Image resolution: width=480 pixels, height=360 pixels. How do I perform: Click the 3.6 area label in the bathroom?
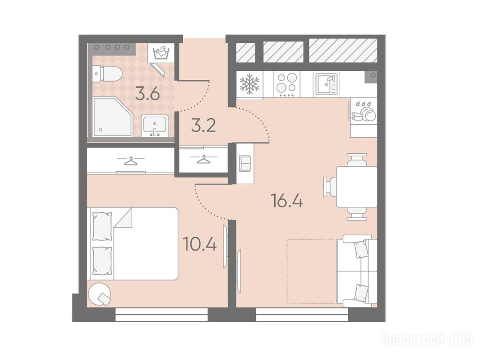tap(148, 94)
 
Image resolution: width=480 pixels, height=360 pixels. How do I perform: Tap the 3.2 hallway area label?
tap(203, 125)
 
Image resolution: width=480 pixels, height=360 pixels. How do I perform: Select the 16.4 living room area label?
tap(287, 201)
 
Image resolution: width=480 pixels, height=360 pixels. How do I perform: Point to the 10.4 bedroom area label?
tap(200, 244)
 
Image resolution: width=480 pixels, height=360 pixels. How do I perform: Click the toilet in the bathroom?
tap(107, 74)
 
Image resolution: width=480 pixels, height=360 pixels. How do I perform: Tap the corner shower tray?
tap(112, 117)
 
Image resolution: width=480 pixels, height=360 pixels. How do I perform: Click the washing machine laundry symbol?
tap(161, 53)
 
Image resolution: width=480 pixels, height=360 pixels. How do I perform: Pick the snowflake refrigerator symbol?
tap(249, 84)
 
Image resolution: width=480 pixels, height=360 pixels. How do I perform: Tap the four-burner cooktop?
tap(287, 84)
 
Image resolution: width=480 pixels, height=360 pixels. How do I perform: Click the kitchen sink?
tap(326, 84)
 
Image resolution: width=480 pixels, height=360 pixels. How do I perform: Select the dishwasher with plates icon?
tap(364, 111)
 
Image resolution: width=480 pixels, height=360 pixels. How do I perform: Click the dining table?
tap(357, 187)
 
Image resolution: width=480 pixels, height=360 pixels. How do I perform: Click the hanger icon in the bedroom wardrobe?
tap(130, 161)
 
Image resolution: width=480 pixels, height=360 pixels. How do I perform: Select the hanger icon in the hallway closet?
tap(203, 159)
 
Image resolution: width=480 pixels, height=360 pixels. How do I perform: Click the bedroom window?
tap(162, 315)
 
